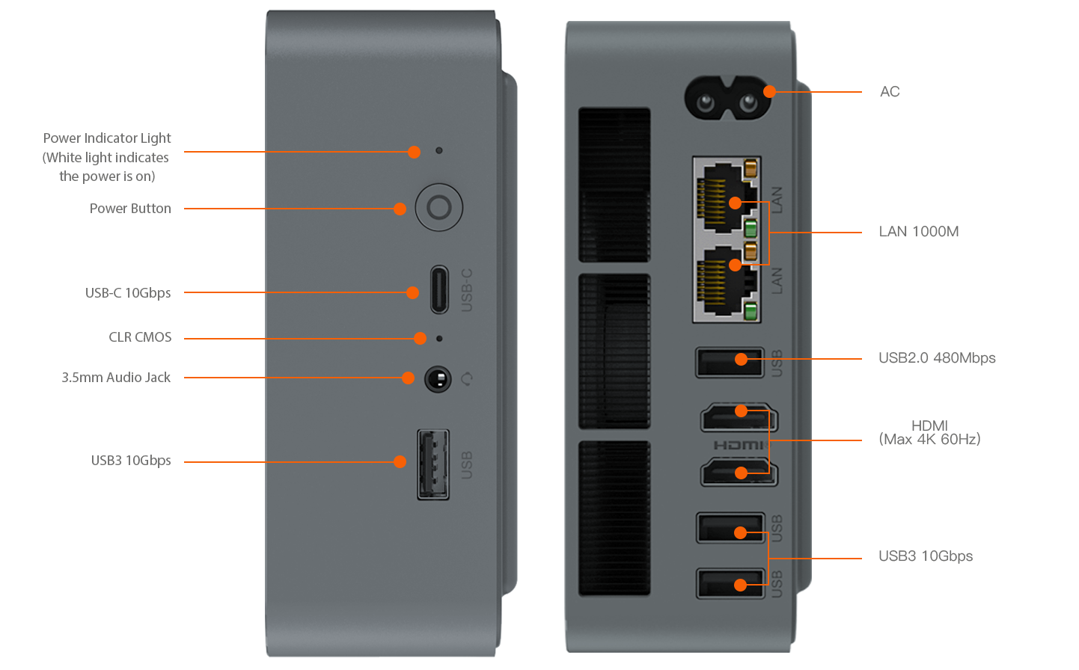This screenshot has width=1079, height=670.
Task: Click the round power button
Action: click(x=438, y=207)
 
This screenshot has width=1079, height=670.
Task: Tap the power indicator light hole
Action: click(x=438, y=150)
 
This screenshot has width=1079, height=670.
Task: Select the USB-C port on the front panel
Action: click(x=439, y=289)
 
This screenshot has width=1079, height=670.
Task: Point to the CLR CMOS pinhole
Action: click(x=438, y=339)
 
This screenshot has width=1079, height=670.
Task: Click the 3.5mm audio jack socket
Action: click(x=438, y=379)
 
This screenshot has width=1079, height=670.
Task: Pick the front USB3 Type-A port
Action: click(x=433, y=464)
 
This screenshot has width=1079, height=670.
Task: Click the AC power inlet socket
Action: click(x=727, y=98)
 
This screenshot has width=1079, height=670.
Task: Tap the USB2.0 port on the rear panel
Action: click(x=730, y=363)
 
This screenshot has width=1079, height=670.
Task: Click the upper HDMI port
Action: click(x=739, y=417)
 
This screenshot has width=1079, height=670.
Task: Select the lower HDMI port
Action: click(x=739, y=472)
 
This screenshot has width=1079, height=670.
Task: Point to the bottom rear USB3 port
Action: click(x=730, y=583)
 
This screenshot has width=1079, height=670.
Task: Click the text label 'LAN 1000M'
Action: click(x=919, y=232)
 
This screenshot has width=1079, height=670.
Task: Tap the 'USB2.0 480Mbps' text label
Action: click(x=937, y=357)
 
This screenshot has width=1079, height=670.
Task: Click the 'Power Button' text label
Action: click(x=130, y=209)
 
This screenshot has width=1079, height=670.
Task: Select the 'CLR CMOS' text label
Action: click(x=140, y=337)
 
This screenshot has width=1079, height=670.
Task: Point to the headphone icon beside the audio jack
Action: click(x=466, y=379)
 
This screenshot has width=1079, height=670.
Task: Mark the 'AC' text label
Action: click(x=890, y=91)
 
